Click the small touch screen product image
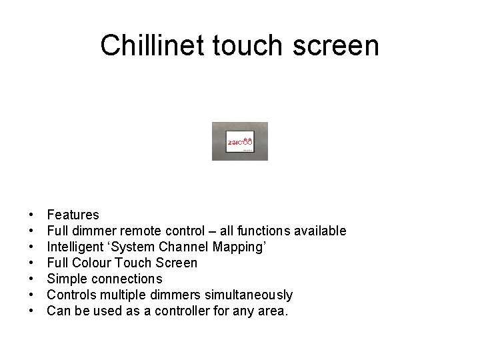click(239, 141)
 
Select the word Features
click(73, 215)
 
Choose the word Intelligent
click(74, 247)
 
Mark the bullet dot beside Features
click(31, 215)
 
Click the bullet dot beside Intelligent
click(31, 247)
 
